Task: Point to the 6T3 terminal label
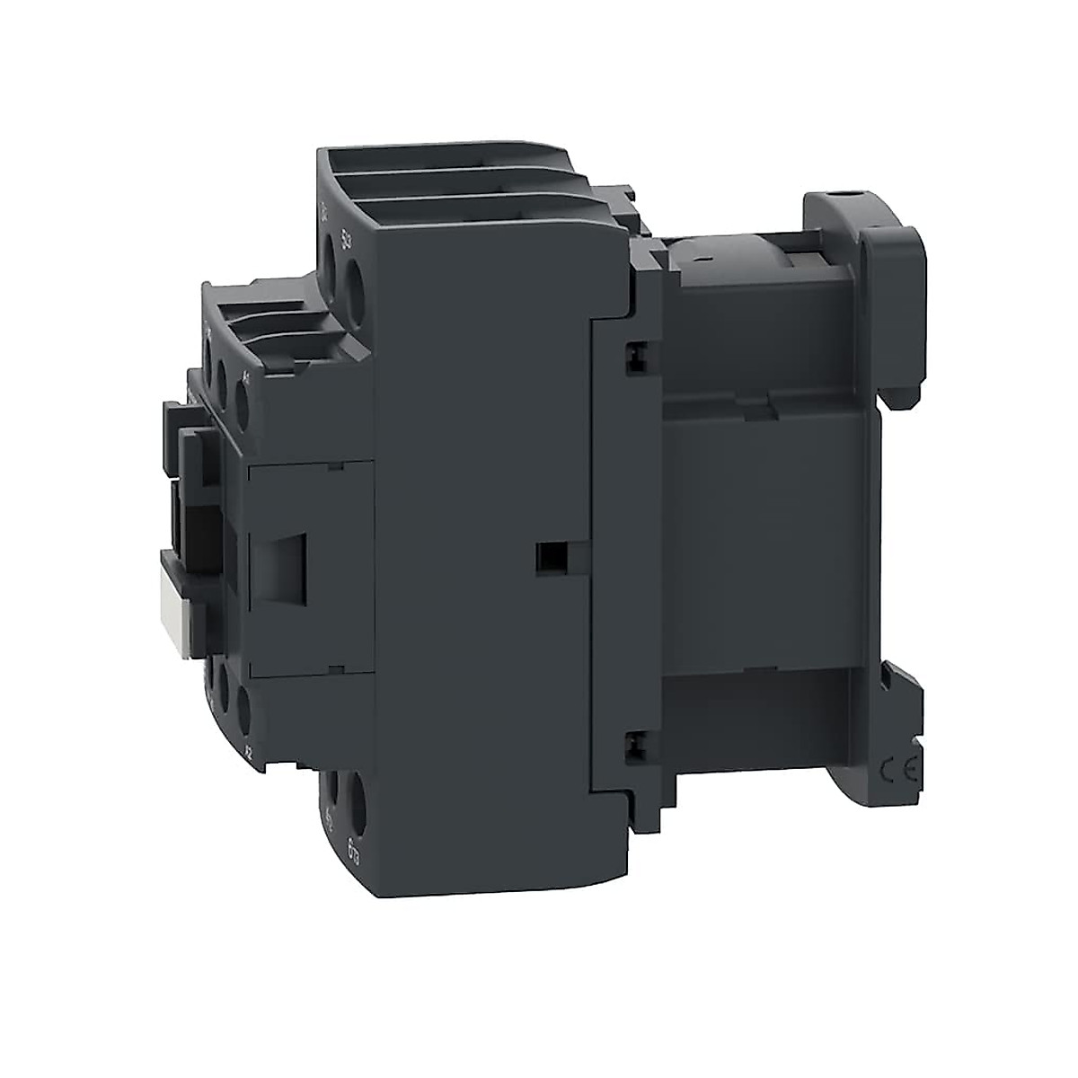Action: [x=353, y=844]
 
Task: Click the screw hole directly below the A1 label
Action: [x=242, y=395]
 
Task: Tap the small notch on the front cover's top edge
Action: [x=334, y=467]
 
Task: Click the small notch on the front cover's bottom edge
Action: [x=334, y=668]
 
